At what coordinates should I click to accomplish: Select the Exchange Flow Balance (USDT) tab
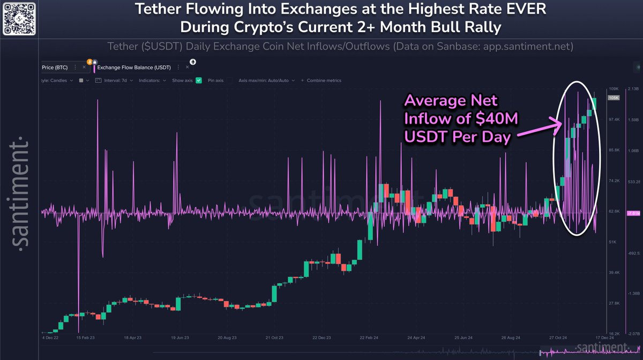pos(140,67)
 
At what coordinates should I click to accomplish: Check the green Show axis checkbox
pos(199,80)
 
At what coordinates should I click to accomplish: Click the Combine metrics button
pos(324,80)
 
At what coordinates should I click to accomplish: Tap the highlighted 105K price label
pos(613,98)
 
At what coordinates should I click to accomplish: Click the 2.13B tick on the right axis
pos(633,89)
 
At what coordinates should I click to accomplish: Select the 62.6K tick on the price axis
pos(613,212)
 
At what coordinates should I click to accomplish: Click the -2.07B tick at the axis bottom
pos(633,333)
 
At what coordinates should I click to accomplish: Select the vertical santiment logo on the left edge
pos(20,192)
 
